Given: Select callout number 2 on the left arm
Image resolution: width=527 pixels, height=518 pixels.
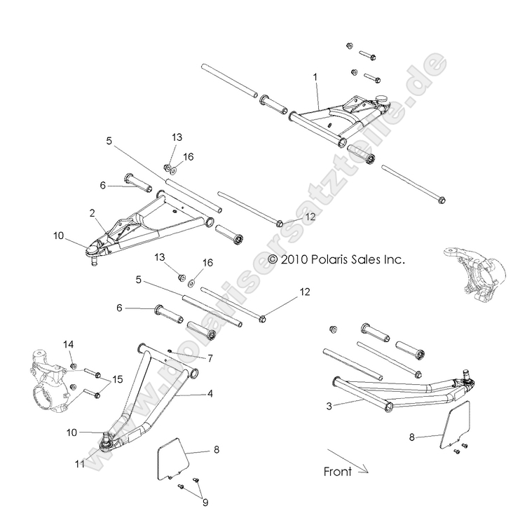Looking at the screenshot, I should click(x=92, y=212).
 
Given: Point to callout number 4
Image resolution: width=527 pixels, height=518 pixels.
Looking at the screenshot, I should click(x=210, y=394).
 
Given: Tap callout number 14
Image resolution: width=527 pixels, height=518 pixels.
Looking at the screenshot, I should click(x=68, y=344).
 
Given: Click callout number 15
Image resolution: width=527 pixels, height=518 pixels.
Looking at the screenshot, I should click(x=116, y=380).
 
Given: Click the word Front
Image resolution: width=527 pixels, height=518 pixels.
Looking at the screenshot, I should click(x=337, y=472).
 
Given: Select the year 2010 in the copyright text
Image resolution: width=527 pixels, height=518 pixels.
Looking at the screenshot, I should click(x=293, y=259).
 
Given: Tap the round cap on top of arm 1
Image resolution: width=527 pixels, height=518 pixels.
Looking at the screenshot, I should click(x=383, y=99).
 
